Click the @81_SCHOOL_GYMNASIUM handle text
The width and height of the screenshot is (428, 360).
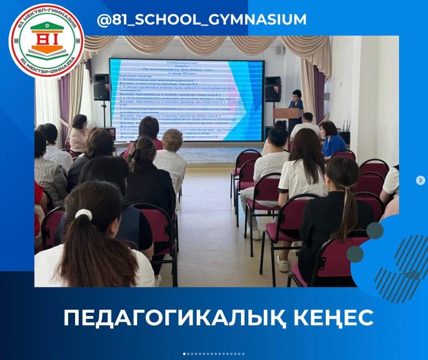[x=202, y=20]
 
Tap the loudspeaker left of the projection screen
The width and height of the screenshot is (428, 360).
[x=101, y=87]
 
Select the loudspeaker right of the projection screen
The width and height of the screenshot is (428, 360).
[x=273, y=88]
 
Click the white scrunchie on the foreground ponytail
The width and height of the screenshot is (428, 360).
[x=84, y=214]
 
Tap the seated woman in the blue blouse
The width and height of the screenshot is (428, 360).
[x=333, y=139]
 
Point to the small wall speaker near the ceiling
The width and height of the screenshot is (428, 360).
[x=278, y=50]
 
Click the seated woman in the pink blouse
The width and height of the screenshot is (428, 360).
[x=79, y=133]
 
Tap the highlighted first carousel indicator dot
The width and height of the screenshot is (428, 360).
[x=185, y=354]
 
